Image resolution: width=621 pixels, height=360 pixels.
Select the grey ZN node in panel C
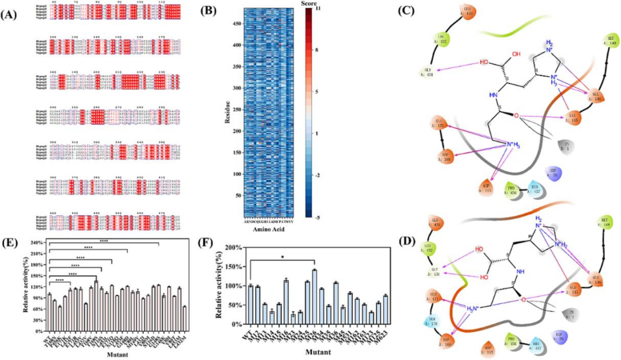[x=568, y=143]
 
